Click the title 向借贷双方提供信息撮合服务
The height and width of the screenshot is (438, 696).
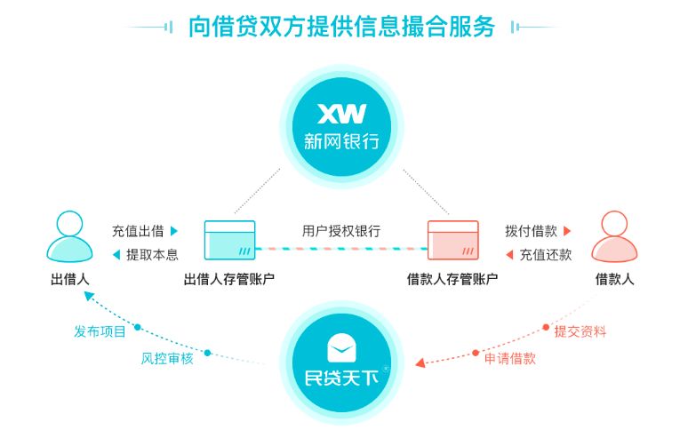click(x=341, y=27)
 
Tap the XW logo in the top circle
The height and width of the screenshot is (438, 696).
click(x=342, y=115)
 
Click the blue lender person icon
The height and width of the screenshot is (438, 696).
click(x=69, y=235)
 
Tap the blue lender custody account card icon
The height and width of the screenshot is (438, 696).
click(x=229, y=240)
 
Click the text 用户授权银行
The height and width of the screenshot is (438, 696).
click(x=341, y=231)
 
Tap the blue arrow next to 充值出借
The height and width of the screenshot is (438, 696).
click(x=174, y=231)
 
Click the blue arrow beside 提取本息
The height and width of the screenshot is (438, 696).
click(x=116, y=255)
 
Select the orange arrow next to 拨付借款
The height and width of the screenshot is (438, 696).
click(x=567, y=231)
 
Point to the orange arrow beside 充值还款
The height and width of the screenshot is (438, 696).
click(x=509, y=255)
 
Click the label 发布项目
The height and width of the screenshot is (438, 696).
click(x=100, y=331)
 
